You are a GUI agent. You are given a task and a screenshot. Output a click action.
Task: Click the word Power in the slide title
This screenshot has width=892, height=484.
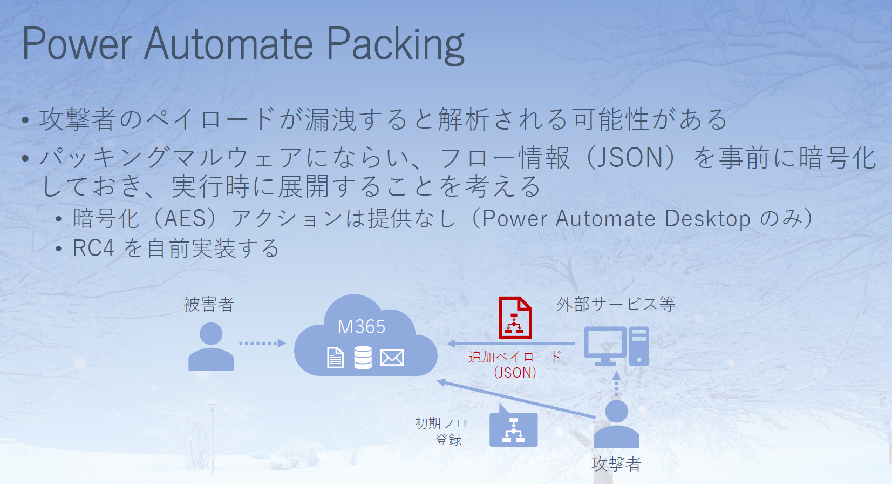(x=77, y=43)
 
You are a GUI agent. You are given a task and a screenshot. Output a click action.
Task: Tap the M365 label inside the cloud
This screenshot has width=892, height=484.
(x=361, y=327)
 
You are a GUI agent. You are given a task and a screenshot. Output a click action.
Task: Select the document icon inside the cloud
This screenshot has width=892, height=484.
(x=335, y=357)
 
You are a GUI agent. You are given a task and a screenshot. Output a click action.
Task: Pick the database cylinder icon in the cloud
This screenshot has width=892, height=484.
(x=363, y=357)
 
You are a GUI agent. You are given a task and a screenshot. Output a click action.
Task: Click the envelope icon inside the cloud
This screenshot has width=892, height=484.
(x=392, y=357)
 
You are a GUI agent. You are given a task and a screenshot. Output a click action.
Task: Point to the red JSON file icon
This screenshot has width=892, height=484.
(x=515, y=318)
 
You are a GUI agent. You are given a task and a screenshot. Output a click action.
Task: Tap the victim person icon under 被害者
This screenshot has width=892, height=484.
(x=210, y=346)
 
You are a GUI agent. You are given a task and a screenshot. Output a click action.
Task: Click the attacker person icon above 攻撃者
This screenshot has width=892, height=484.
(x=616, y=423)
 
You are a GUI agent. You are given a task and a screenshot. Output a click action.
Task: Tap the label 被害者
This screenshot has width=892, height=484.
(x=209, y=305)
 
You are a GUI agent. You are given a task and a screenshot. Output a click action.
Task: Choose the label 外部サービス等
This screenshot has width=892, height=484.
(x=616, y=304)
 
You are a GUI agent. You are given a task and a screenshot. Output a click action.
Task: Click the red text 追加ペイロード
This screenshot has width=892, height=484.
(x=515, y=357)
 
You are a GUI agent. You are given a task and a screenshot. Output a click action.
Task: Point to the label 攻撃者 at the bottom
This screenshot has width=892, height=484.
(x=616, y=463)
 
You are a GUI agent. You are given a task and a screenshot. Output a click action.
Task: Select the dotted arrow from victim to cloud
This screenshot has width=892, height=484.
(x=262, y=343)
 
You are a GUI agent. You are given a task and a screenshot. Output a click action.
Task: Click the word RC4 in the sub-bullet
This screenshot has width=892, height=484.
(x=93, y=248)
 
